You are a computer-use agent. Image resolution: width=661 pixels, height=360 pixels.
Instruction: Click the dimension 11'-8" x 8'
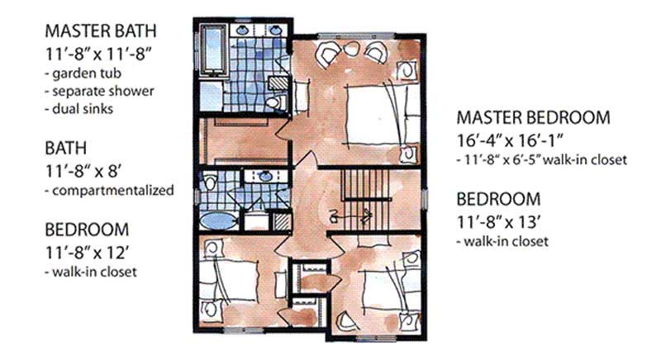tap(86, 171)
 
